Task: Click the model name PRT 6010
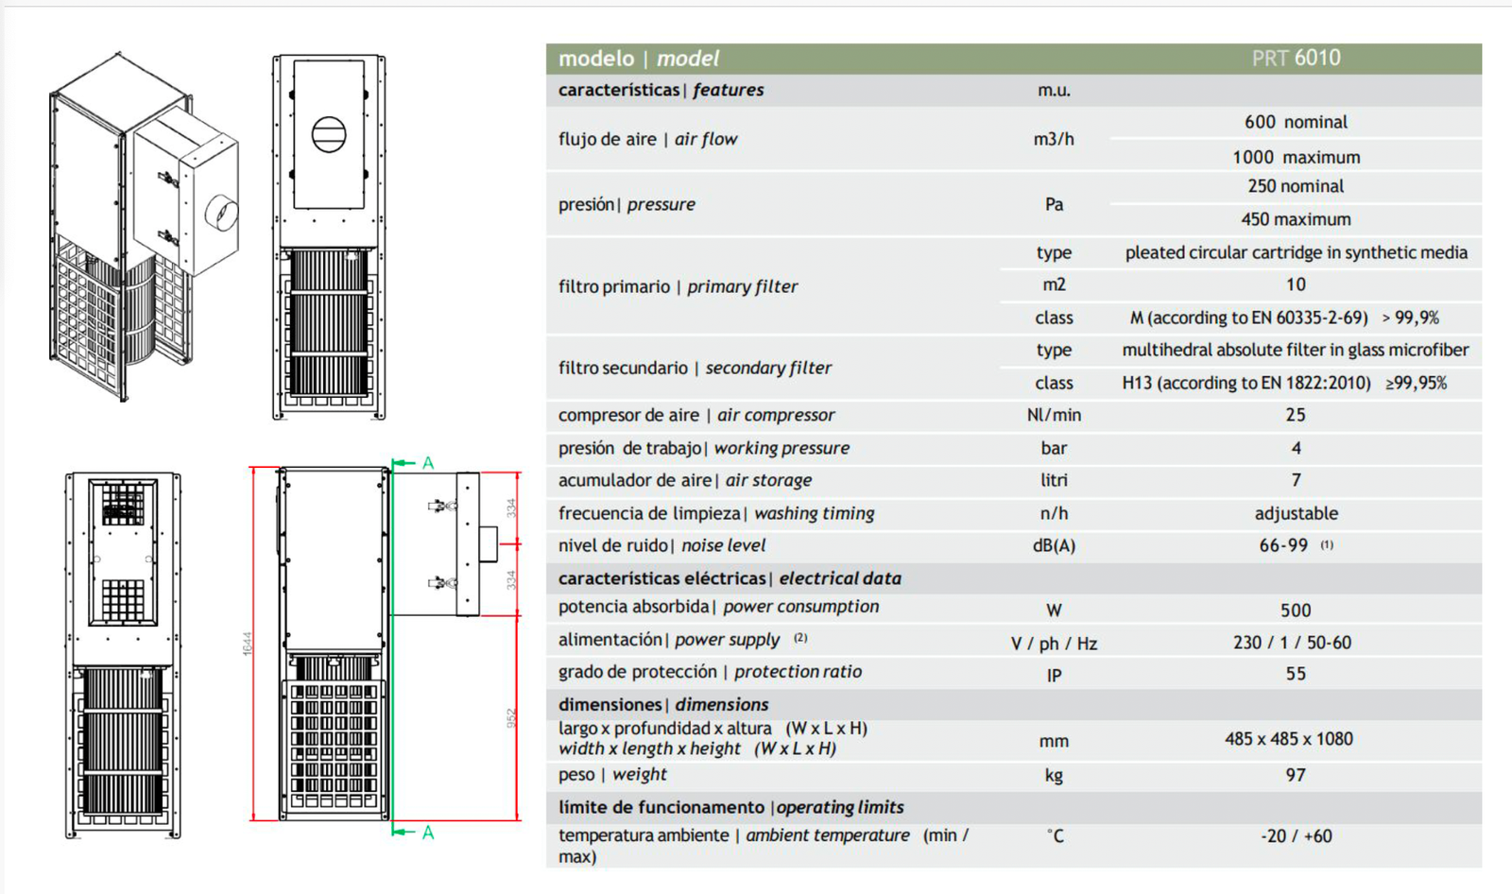tap(1296, 59)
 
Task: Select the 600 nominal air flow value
tap(1296, 122)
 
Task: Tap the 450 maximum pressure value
tap(1296, 219)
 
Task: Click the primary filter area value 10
tap(1296, 284)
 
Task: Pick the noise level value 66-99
tap(1283, 545)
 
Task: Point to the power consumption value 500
tap(1296, 610)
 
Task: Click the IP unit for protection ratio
tap(1054, 675)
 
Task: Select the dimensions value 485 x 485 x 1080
tap(1289, 739)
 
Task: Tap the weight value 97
tap(1296, 775)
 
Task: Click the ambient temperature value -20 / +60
tap(1296, 836)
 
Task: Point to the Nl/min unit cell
tap(1054, 415)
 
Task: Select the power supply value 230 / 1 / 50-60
tap(1292, 643)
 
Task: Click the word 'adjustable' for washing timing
tap(1296, 513)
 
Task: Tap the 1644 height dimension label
tap(248, 644)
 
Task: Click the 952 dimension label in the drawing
tap(511, 718)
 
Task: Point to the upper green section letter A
tap(428, 463)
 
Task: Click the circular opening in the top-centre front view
tap(329, 134)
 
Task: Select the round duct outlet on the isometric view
tap(222, 214)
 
